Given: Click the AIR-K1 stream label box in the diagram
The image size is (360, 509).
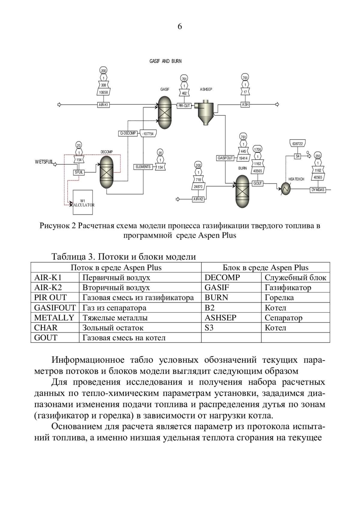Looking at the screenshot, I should (103, 105).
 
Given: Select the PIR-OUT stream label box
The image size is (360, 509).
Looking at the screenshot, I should (184, 106).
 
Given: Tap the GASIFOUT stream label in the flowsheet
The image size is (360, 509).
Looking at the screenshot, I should (225, 158).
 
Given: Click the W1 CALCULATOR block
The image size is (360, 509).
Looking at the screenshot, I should (83, 202).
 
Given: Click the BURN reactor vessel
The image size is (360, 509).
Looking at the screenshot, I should (242, 191).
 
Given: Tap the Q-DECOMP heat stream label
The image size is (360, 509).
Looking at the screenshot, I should (128, 133).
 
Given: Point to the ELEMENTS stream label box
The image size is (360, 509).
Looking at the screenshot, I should (143, 167).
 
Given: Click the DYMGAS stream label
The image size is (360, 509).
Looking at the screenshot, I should (318, 190).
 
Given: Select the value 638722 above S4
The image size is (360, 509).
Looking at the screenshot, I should (297, 144).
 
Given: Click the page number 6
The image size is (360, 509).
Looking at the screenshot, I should (180, 27).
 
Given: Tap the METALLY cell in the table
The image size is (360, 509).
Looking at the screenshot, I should (54, 318).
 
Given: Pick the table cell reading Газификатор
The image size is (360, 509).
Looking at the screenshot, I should (288, 288).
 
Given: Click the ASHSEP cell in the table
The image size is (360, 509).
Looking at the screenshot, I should (220, 318).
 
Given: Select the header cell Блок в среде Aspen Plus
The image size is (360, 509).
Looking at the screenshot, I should (265, 268).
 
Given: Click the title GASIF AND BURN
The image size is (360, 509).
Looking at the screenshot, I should (166, 61).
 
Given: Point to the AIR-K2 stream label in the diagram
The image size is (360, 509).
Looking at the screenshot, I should (199, 199).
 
